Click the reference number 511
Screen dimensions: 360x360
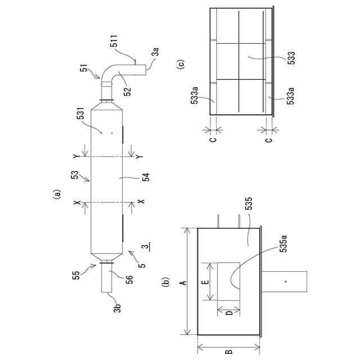pyautogui.click(x=114, y=41)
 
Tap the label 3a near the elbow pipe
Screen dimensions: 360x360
pyautogui.click(x=155, y=52)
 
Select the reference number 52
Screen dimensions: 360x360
pyautogui.click(x=127, y=91)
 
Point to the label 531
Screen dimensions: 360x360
pyautogui.click(x=80, y=113)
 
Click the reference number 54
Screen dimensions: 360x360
pyautogui.click(x=146, y=177)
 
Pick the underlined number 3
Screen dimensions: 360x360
pyautogui.click(x=145, y=247)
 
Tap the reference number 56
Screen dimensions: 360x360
pyautogui.click(x=129, y=280)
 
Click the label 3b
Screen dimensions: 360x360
pyautogui.click(x=117, y=308)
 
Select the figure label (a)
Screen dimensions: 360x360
pyautogui.click(x=56, y=194)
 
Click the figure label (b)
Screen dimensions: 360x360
pyautogui.click(x=166, y=282)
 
